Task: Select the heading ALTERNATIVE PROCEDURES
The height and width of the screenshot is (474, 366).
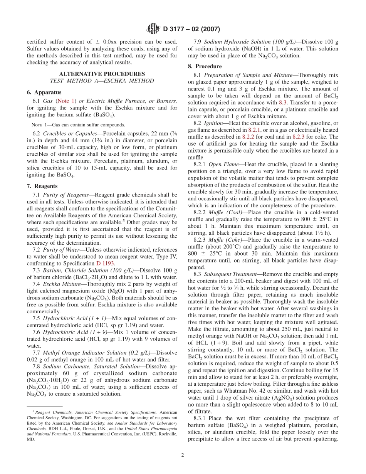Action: point(102,74)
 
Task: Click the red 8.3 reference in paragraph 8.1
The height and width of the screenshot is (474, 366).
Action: point(283,103)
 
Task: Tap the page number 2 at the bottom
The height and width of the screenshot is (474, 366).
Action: point(183,455)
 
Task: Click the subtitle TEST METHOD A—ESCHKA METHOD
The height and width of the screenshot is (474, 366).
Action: point(102,81)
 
